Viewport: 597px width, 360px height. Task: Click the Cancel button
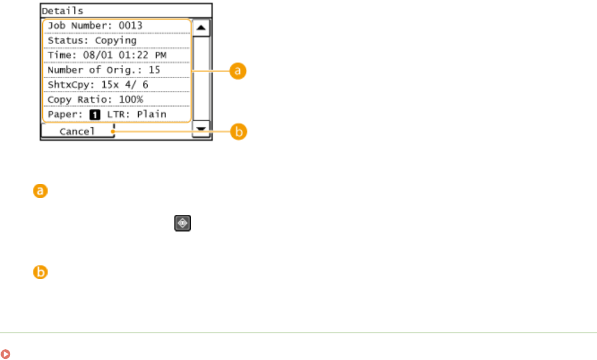click(77, 132)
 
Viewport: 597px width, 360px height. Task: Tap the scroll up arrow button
click(202, 27)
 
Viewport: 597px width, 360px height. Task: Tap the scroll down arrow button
click(202, 128)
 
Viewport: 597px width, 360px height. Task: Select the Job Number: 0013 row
click(116, 26)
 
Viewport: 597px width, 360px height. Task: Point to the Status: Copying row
click(116, 41)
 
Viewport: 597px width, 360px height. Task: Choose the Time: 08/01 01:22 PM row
click(116, 55)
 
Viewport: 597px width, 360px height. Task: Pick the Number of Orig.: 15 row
click(116, 70)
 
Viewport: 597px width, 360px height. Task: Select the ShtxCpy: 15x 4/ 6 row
click(116, 84)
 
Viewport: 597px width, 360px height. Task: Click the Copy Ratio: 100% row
click(116, 99)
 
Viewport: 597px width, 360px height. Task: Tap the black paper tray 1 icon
click(94, 114)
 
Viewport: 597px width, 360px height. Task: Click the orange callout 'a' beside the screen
click(238, 71)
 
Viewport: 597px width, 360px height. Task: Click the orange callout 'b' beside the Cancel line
click(238, 132)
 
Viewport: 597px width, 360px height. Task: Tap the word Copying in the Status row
click(117, 41)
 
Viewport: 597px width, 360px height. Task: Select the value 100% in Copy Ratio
click(130, 99)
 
